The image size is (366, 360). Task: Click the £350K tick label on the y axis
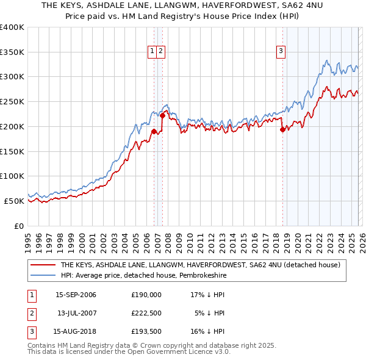pyautogui.click(x=12, y=52)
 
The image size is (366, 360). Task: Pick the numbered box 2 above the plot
pyautogui.click(x=160, y=52)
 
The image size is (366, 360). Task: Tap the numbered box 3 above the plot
pyautogui.click(x=281, y=52)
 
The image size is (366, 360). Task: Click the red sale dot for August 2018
pyautogui.click(x=282, y=129)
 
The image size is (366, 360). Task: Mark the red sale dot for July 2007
pyautogui.click(x=163, y=115)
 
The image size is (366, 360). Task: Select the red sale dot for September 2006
pyautogui.click(x=154, y=131)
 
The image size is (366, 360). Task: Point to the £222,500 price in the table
pyautogui.click(x=146, y=313)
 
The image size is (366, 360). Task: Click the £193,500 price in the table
pyautogui.click(x=146, y=331)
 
